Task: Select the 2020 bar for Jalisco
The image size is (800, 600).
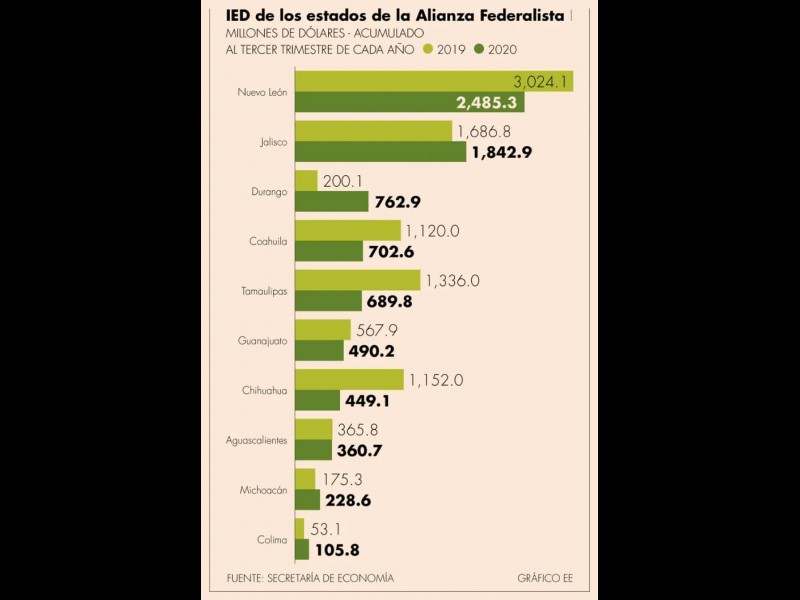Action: [x=380, y=151]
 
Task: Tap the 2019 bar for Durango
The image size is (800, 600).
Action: [x=306, y=180]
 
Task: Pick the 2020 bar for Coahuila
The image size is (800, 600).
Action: [x=328, y=251]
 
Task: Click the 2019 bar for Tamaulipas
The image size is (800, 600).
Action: [x=357, y=280]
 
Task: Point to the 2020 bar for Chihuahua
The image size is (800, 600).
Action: [x=317, y=400]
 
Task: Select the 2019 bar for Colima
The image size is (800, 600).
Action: [x=299, y=529]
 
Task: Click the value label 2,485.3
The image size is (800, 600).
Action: [x=490, y=102]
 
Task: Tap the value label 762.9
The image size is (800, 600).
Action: [x=397, y=202]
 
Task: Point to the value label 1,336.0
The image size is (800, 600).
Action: [x=452, y=281]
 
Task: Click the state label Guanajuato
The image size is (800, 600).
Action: [x=262, y=341]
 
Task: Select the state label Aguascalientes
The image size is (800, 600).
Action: [x=257, y=440]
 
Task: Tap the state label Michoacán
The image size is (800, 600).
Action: [x=264, y=490]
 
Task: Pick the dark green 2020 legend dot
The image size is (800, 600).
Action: [x=480, y=48]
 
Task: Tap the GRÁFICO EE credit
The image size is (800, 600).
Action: [x=545, y=578]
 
